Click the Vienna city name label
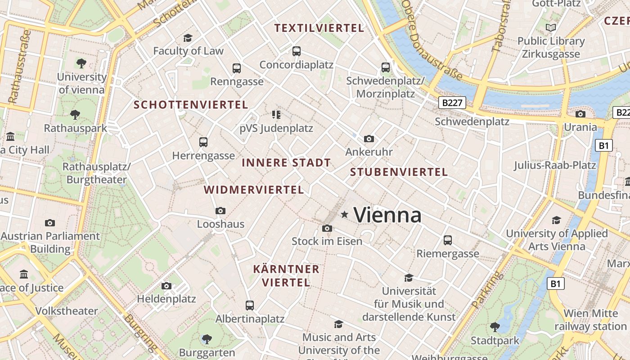(x=387, y=215)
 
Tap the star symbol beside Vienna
(x=345, y=215)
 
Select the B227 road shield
(x=452, y=103)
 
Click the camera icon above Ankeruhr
(x=369, y=139)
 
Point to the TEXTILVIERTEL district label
(x=319, y=28)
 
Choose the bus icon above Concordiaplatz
(x=296, y=51)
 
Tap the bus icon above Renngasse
(x=237, y=68)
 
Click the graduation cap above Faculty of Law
(x=188, y=38)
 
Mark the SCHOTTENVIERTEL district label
(x=191, y=105)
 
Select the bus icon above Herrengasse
(x=203, y=142)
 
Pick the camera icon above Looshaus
(x=220, y=211)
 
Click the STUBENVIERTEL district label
(x=399, y=172)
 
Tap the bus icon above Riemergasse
(x=447, y=240)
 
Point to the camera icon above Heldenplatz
(x=166, y=286)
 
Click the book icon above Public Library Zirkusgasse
(x=551, y=28)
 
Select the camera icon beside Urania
(x=580, y=114)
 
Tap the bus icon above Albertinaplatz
(x=250, y=305)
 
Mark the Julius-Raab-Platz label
(x=555, y=165)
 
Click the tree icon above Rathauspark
(x=75, y=115)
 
